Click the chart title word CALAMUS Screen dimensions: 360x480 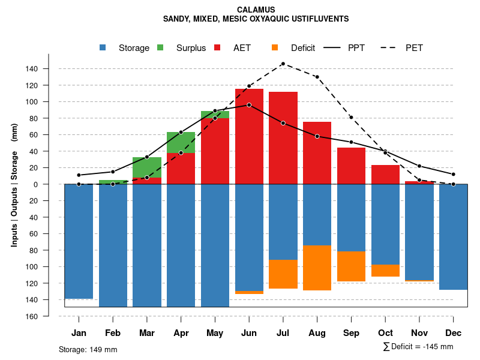[x=256, y=10]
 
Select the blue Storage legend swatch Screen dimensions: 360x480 [x=104, y=47]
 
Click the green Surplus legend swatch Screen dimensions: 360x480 [x=161, y=47]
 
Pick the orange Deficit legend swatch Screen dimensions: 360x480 [x=275, y=47]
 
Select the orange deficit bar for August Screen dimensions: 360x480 [x=317, y=268]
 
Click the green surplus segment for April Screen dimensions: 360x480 [x=181, y=143]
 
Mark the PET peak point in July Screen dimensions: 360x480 [x=283, y=64]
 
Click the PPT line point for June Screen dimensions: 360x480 [x=249, y=105]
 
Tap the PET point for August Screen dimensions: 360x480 [x=317, y=77]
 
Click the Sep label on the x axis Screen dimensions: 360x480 [x=352, y=333]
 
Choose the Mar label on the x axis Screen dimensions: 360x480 [x=147, y=333]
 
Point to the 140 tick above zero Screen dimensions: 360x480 [x=32, y=69]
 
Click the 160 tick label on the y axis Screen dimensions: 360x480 [x=32, y=316]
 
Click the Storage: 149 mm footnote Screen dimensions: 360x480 [x=88, y=349]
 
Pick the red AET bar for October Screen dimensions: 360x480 [x=386, y=175]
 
